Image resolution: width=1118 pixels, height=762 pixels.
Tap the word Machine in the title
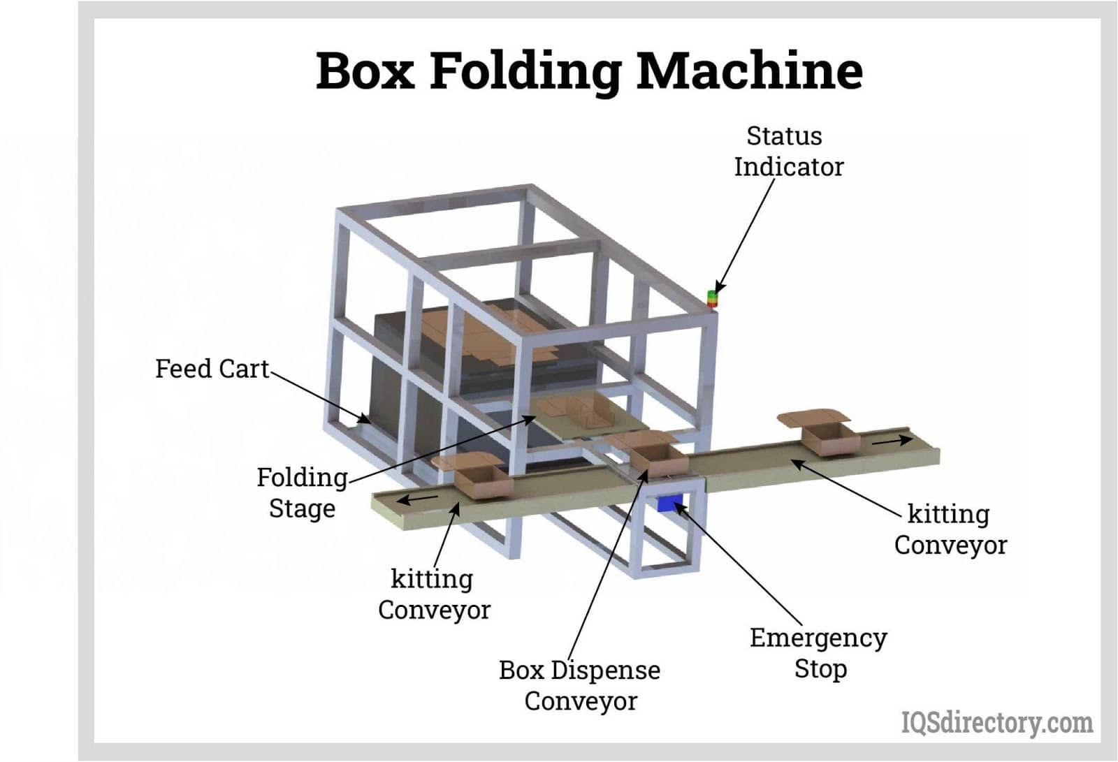[x=749, y=71]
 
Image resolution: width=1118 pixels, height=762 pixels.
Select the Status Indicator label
[x=787, y=152]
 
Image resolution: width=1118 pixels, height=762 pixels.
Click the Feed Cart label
[x=212, y=369]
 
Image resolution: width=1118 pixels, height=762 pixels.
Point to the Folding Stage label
[x=302, y=492]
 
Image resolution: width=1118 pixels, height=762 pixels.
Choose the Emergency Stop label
[x=818, y=653]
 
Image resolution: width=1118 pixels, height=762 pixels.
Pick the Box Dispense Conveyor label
[x=579, y=685]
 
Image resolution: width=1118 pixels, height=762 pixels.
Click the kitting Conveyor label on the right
[x=950, y=529]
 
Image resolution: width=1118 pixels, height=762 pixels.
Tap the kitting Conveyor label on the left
[x=433, y=594]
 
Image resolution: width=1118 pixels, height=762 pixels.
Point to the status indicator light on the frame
[x=712, y=298]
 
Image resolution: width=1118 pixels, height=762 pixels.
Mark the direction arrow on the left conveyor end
[x=419, y=499]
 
